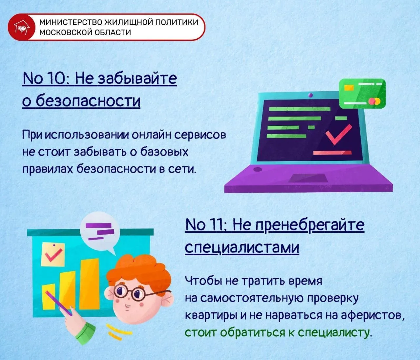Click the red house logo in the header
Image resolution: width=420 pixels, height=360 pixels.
pos(22,27)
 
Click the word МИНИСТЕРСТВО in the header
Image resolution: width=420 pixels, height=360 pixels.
pos(71,22)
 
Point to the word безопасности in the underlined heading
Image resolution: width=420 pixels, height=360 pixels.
pos(88,101)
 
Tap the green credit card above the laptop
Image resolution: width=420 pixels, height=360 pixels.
pos(362,94)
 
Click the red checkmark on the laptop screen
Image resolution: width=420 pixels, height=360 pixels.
pos(338,135)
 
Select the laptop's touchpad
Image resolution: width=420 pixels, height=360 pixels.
pos(308,178)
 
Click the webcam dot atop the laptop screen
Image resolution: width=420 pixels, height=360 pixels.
pos(310,95)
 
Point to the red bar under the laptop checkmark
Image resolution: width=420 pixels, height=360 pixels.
pos(332,153)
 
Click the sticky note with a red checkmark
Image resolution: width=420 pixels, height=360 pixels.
pos(53,254)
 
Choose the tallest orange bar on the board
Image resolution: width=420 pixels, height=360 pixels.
pos(89,284)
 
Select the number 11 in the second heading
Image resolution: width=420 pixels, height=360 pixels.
pos(219,225)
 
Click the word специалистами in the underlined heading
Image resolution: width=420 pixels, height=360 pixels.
pos(242,247)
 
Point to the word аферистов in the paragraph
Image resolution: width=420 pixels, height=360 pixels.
pos(372,315)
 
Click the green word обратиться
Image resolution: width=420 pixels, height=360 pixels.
pos(256,332)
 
